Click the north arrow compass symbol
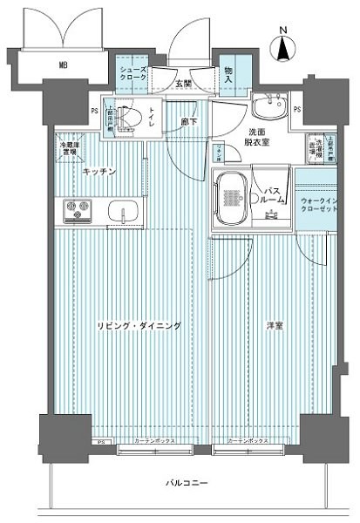pos(283,45)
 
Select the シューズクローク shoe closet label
pos(132,73)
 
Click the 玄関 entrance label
pos(183,84)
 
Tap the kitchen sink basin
pos(121,212)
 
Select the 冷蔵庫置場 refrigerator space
pos(68,146)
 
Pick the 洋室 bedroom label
pos(275,325)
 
